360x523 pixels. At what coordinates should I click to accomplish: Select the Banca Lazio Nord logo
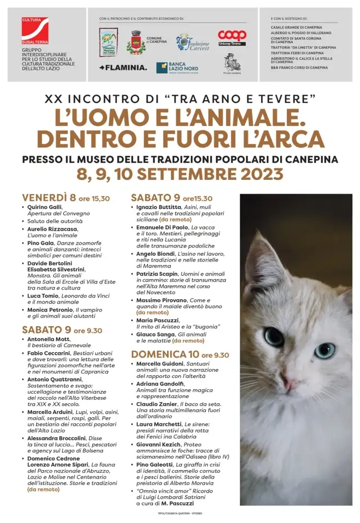pos(177,67)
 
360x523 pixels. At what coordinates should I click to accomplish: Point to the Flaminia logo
pos(123,67)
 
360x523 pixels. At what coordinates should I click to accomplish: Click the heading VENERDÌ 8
pos(48,197)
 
